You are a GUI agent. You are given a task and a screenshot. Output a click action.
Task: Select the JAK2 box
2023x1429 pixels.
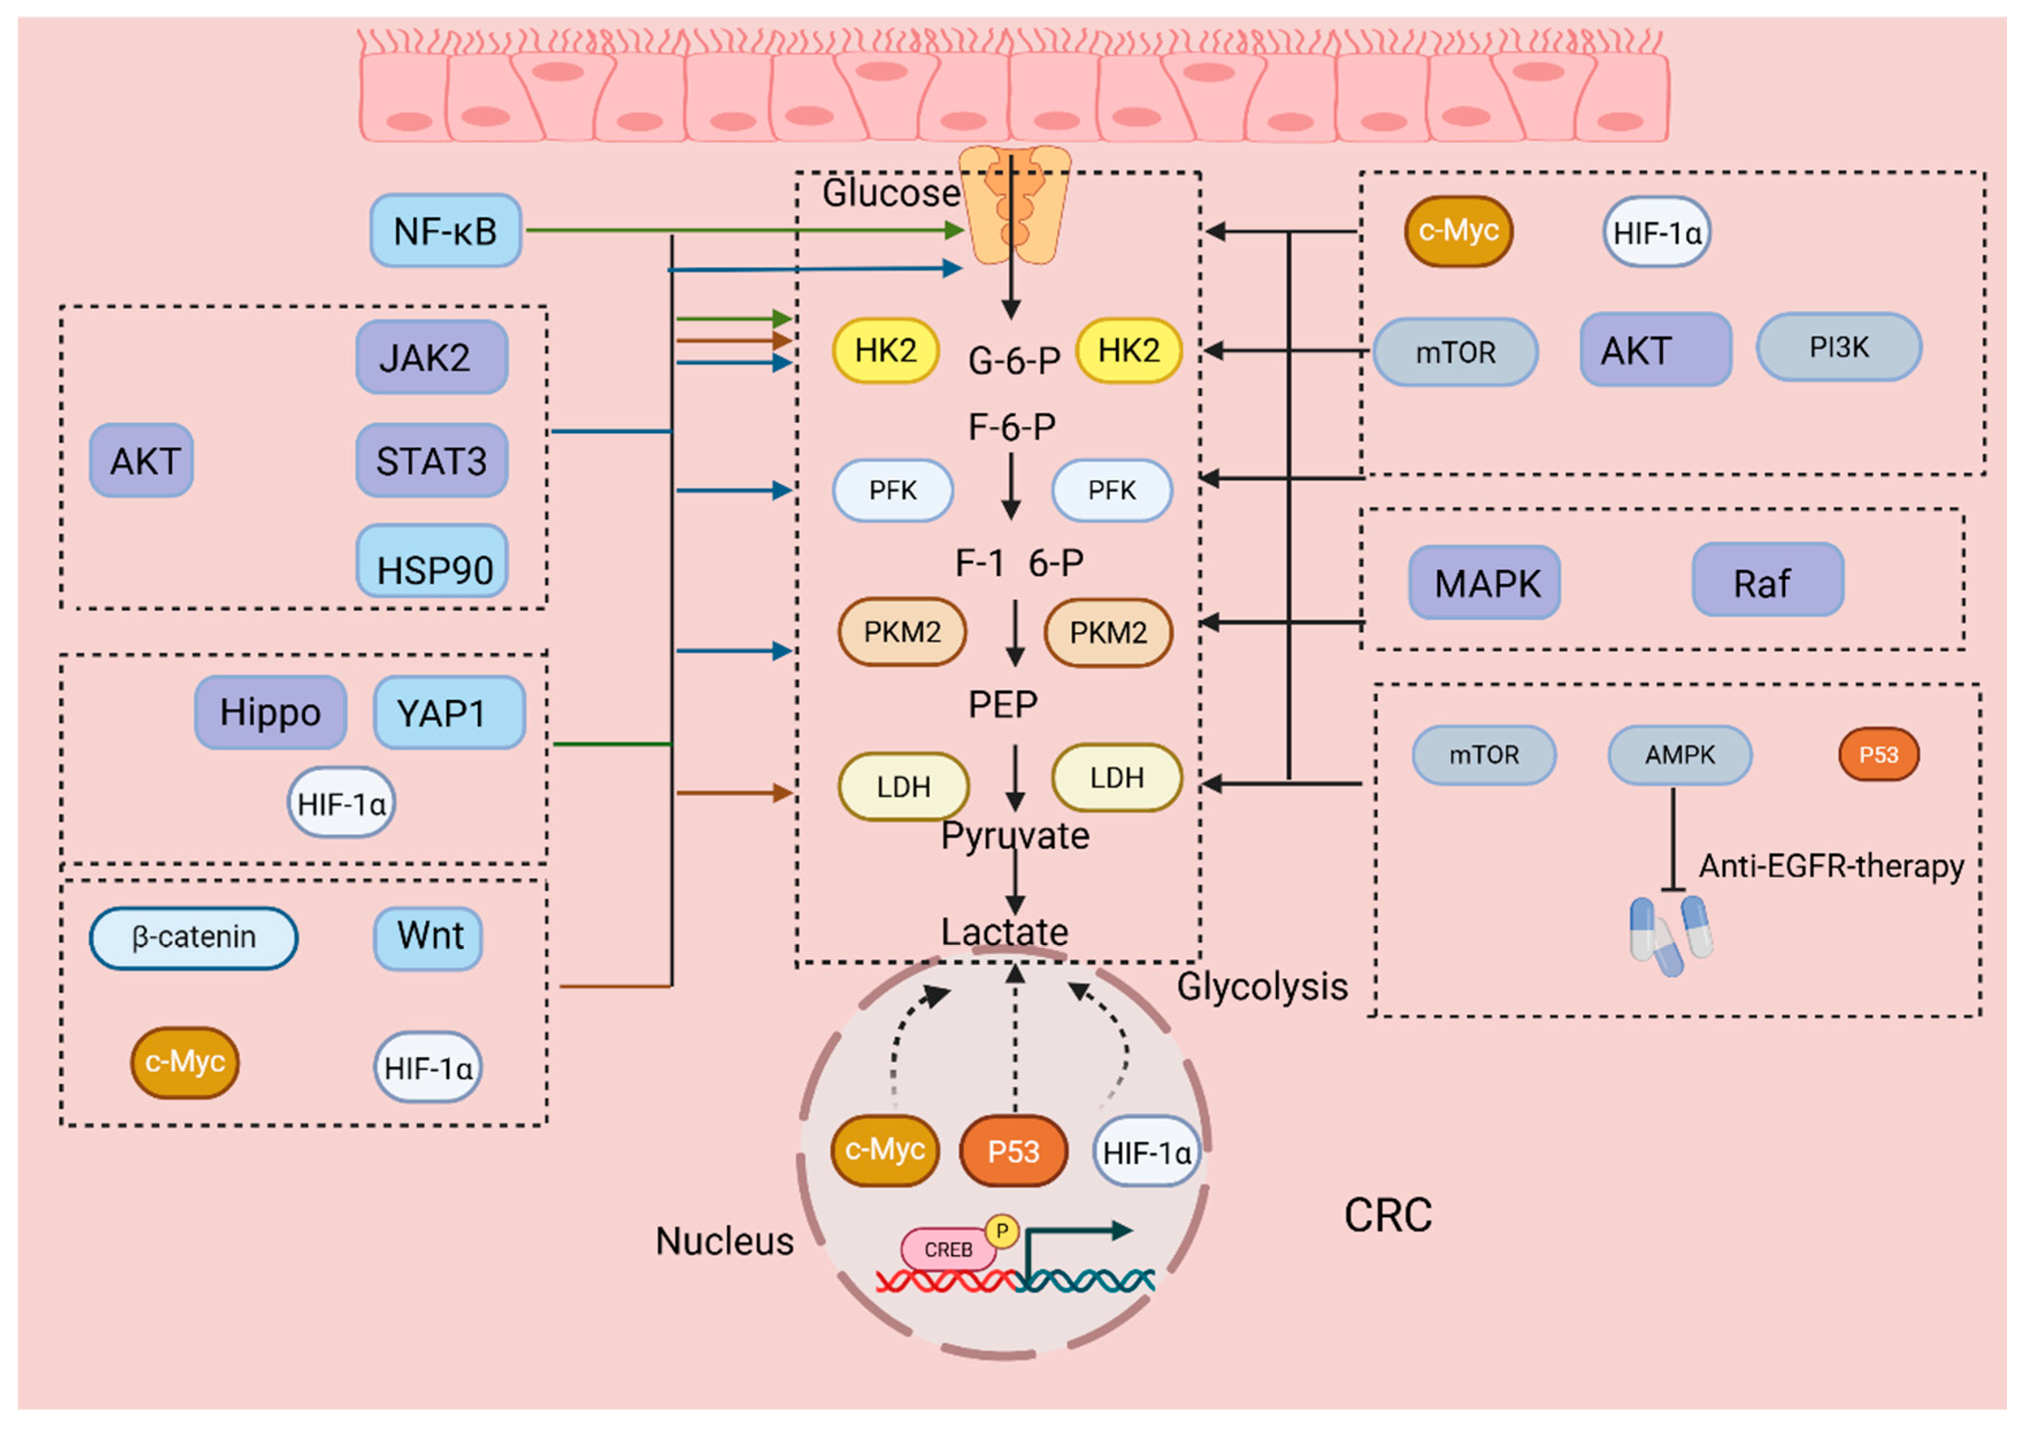pyautogui.click(x=432, y=357)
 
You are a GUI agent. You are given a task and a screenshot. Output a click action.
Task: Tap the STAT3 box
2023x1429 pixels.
pyautogui.click(x=432, y=460)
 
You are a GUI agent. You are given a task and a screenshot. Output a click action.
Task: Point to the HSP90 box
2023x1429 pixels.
pyautogui.click(x=432, y=561)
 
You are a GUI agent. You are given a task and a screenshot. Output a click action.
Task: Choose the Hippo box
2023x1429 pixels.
pyautogui.click(x=271, y=712)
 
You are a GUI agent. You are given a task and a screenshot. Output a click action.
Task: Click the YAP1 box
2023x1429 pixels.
pyautogui.click(x=449, y=712)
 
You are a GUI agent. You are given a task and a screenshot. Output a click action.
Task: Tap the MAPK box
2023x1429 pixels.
pyautogui.click(x=1484, y=583)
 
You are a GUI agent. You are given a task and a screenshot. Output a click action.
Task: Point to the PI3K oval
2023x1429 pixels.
pyautogui.click(x=1839, y=347)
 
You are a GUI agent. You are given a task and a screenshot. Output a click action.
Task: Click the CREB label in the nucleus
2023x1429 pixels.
pyautogui.click(x=948, y=1249)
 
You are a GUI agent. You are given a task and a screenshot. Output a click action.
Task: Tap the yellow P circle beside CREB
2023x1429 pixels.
pyautogui.click(x=1002, y=1231)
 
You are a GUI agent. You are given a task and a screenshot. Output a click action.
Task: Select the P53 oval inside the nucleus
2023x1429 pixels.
pyautogui.click(x=1013, y=1150)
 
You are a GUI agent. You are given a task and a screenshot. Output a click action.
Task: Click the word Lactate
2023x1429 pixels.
pyautogui.click(x=1005, y=931)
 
